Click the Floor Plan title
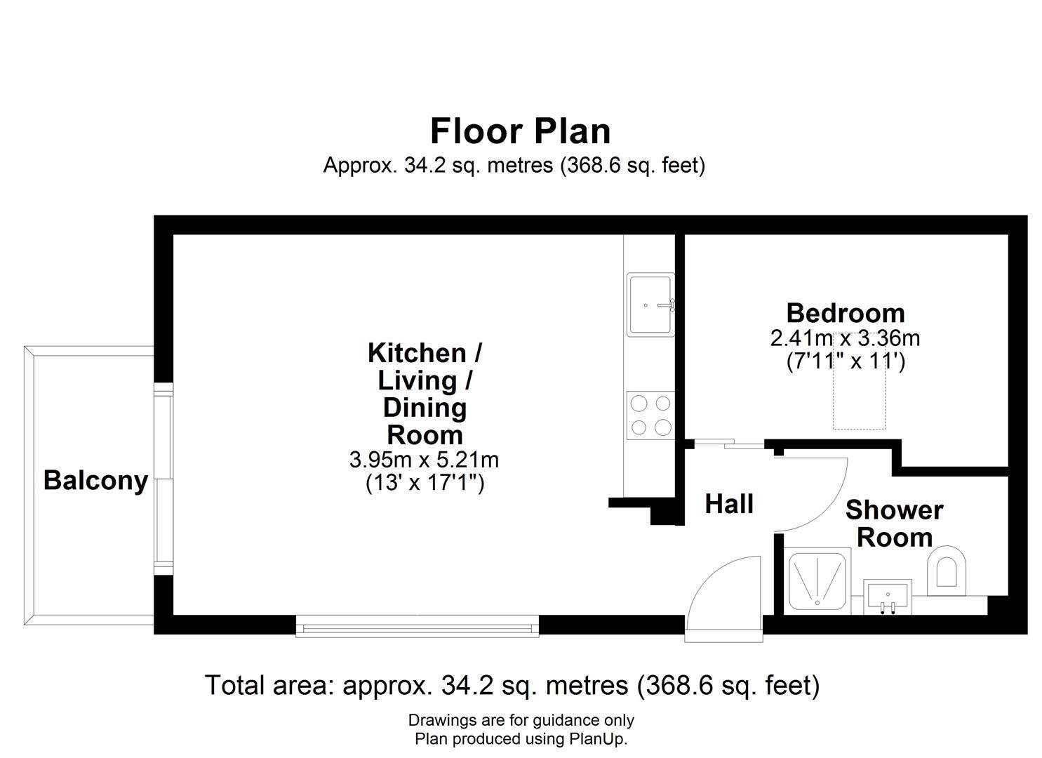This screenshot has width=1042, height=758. [520, 131]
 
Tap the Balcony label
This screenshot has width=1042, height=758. [95, 480]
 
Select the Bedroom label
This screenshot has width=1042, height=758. [846, 313]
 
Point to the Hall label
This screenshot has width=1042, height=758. [729, 504]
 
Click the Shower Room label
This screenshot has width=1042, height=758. [895, 524]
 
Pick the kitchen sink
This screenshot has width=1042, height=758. [650, 305]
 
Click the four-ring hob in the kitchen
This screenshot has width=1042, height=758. [650, 415]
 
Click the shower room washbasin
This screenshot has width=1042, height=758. [888, 597]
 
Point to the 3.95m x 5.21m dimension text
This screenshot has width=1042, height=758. [425, 460]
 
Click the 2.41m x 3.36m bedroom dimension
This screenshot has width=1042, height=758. [846, 338]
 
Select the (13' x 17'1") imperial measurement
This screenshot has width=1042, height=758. [425, 483]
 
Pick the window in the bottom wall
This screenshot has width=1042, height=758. [418, 627]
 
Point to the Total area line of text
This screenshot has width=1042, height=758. [512, 686]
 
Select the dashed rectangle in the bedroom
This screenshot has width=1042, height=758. [859, 380]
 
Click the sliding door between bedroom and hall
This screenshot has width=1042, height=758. [729, 444]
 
